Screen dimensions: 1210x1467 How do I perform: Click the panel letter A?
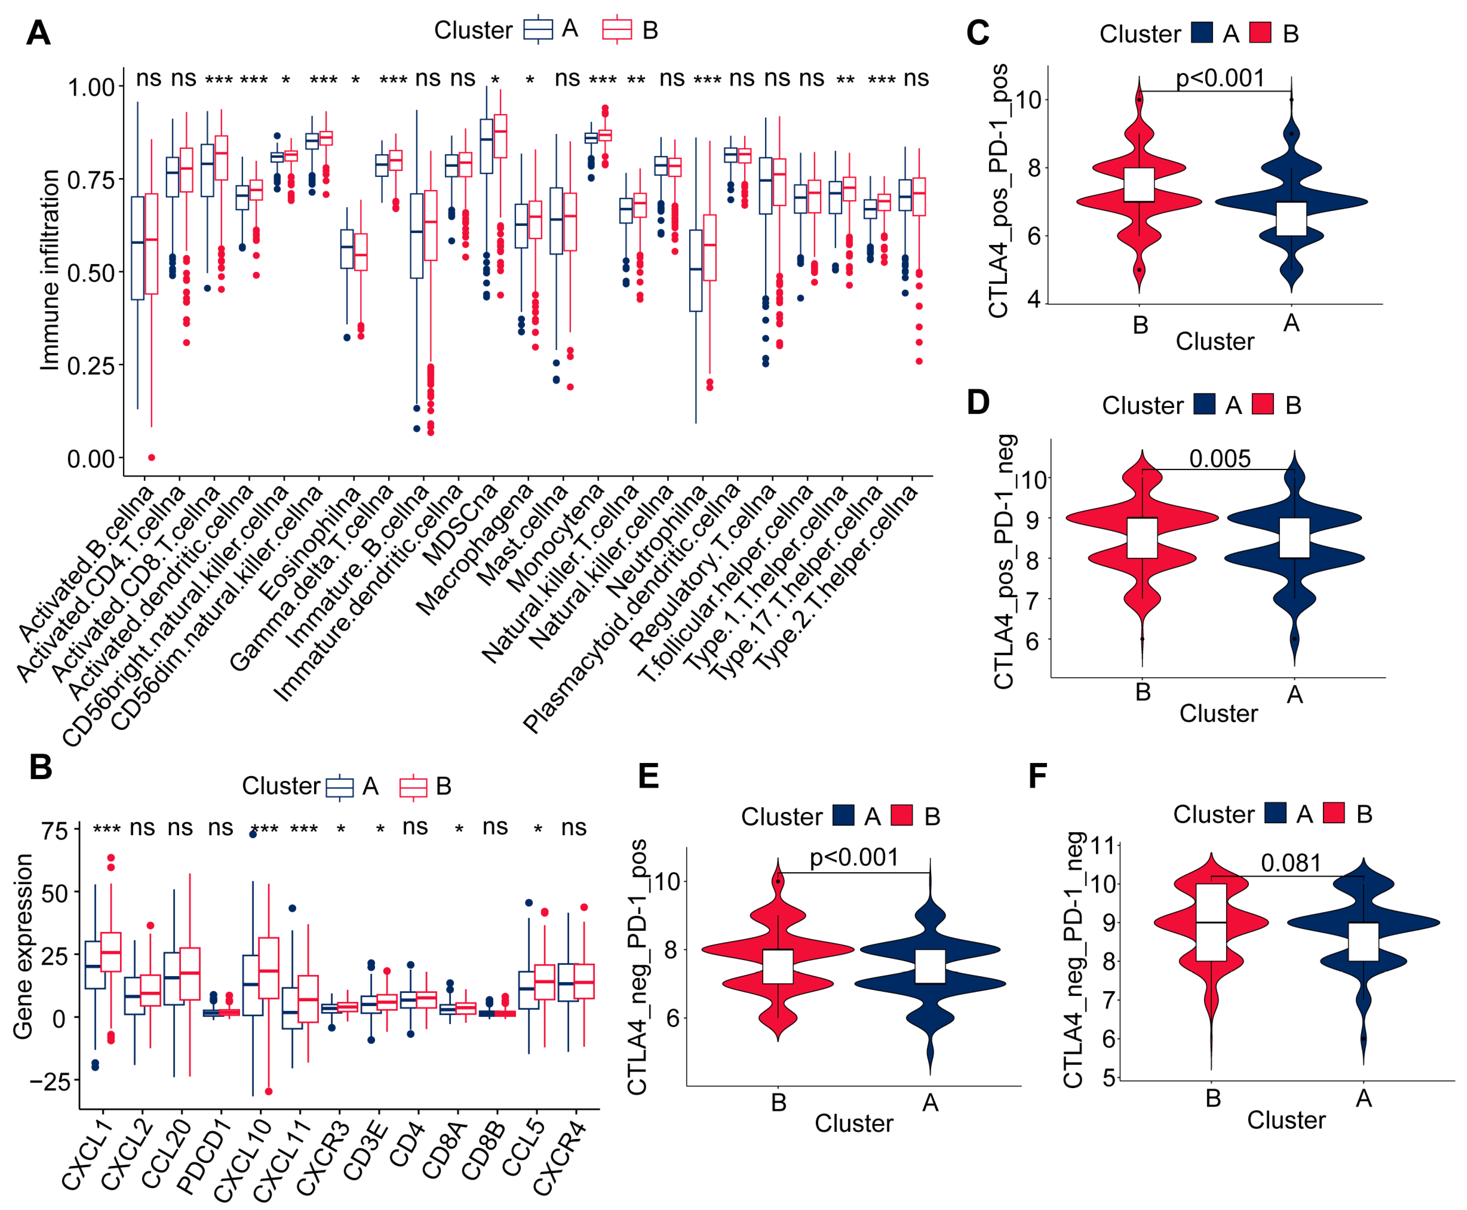click(38, 33)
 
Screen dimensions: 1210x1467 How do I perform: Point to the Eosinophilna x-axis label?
click(309, 544)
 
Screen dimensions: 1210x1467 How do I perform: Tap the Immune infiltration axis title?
click(50, 270)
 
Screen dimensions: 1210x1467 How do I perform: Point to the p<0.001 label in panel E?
click(854, 857)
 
